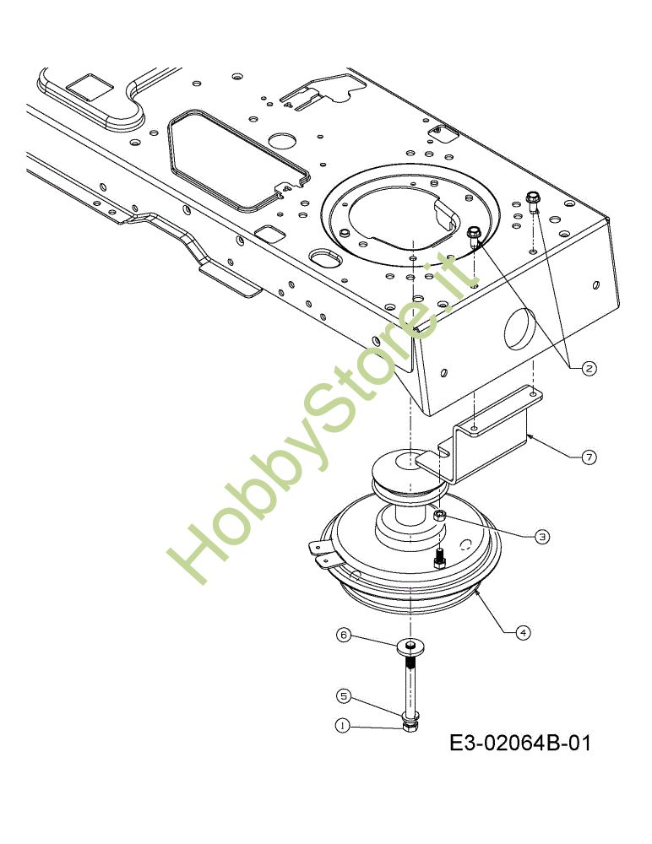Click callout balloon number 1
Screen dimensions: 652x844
[x=343, y=725]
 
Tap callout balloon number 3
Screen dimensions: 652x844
[x=541, y=536]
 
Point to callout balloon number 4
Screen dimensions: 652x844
[x=523, y=631]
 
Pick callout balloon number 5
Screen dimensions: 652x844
[x=343, y=696]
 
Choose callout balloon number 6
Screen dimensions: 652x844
[x=343, y=635]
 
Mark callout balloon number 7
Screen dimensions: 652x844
[x=589, y=457]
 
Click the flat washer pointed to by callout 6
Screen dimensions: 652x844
[x=410, y=647]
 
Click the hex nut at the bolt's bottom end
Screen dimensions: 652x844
[x=410, y=726]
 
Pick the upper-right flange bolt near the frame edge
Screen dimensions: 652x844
[x=533, y=202]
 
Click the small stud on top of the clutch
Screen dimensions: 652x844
[x=439, y=559]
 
